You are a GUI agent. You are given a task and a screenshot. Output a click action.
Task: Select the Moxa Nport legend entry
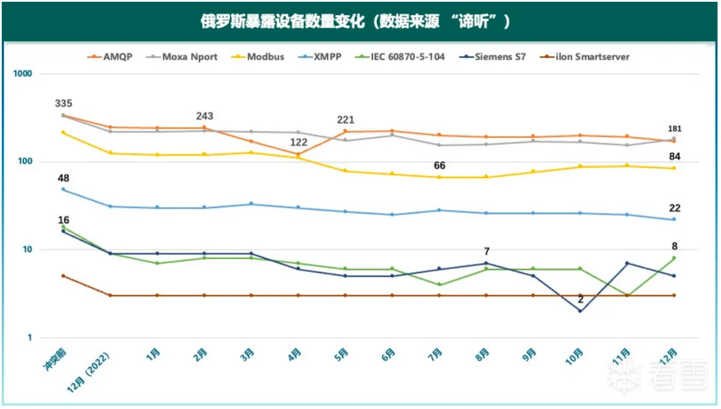(183, 57)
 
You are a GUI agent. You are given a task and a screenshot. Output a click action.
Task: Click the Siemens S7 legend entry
(492, 57)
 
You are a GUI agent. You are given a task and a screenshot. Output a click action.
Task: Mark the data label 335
(64, 103)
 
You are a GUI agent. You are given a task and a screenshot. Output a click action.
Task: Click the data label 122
(299, 143)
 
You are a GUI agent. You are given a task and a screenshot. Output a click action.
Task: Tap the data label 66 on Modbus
(439, 165)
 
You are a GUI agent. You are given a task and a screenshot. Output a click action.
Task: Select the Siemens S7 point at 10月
(580, 311)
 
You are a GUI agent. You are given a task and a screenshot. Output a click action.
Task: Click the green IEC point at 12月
(674, 258)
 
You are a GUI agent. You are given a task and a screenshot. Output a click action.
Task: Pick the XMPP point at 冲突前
(63, 189)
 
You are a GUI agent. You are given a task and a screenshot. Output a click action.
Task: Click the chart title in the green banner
(354, 22)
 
